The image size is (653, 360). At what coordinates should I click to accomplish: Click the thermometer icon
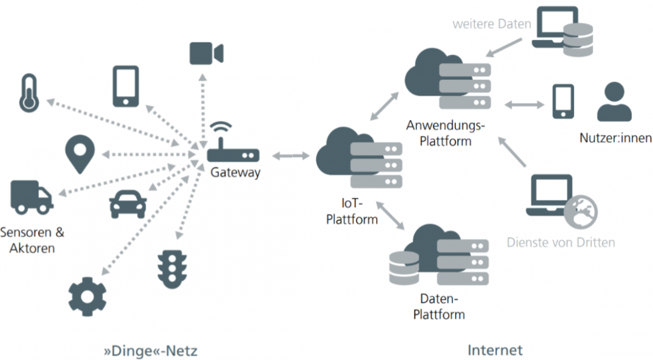point(28,93)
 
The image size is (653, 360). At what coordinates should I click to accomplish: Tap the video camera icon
point(205,53)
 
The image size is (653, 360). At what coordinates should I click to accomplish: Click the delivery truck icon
point(31,197)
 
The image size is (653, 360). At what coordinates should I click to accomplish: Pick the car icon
point(128,203)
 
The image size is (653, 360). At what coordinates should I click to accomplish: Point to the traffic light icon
point(172,268)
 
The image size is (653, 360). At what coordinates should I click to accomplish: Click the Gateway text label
point(235,173)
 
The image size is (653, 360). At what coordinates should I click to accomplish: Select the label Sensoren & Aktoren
point(32,239)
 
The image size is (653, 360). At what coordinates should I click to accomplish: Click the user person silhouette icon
point(614,102)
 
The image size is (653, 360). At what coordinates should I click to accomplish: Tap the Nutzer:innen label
point(615,138)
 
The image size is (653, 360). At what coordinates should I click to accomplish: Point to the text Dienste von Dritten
point(560,242)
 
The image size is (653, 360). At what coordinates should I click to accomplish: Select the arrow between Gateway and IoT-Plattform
point(291,156)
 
